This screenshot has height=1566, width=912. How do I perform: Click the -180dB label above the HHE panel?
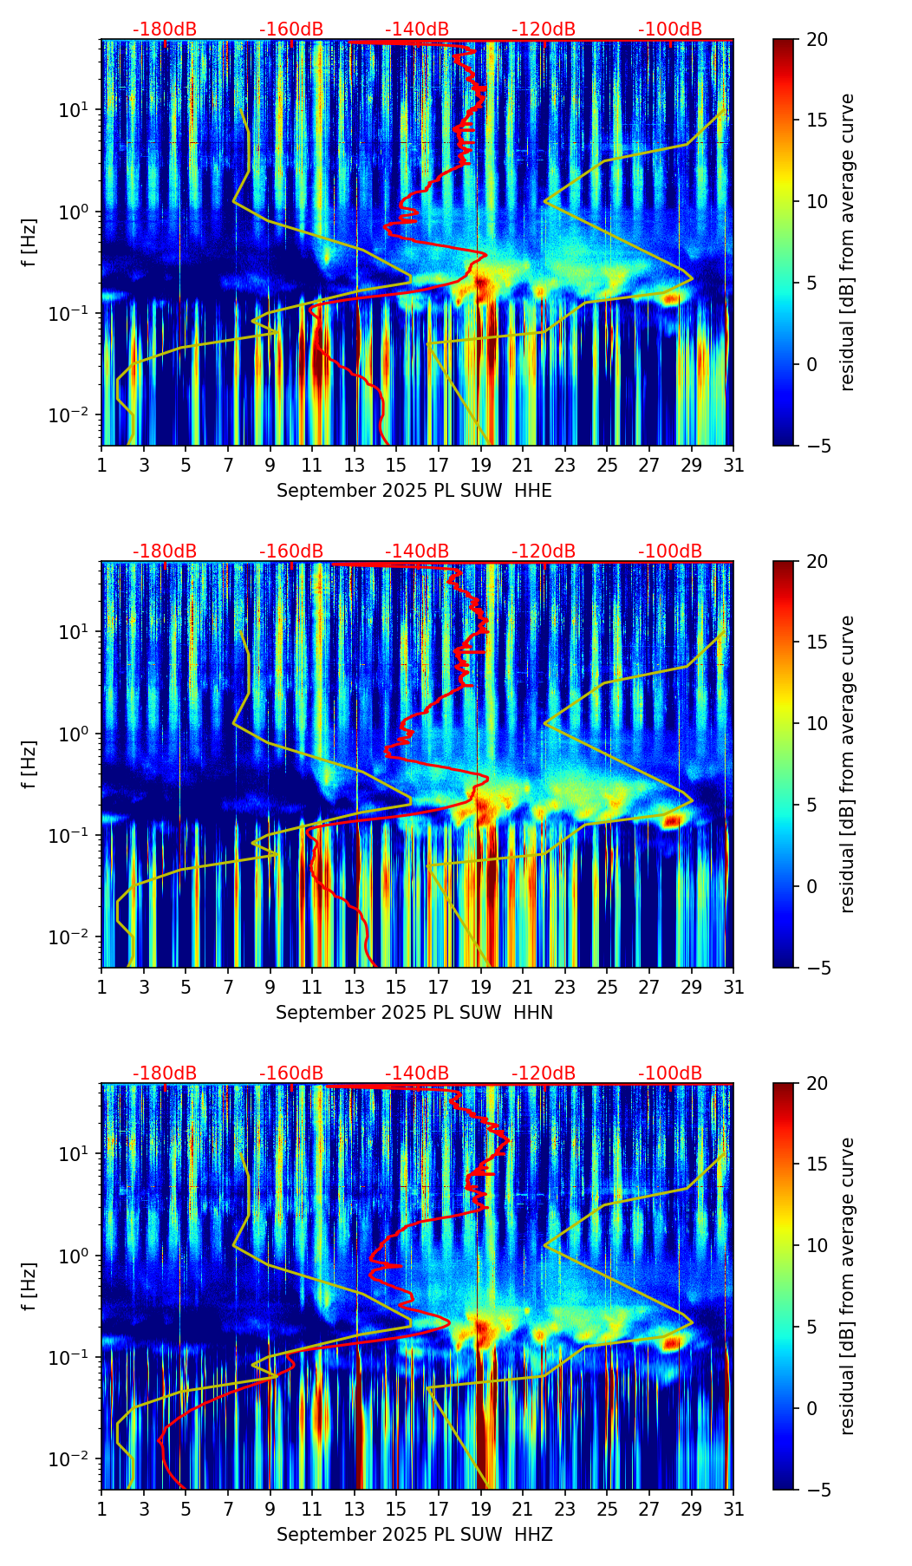point(165,29)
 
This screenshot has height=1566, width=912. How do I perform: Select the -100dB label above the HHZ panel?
point(670,1073)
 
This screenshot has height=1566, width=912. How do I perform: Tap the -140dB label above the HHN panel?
point(417,551)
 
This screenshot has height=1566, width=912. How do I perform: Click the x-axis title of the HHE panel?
point(414,491)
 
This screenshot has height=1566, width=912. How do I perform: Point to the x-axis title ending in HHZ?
point(414,1535)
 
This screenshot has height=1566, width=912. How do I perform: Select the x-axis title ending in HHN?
point(414,1013)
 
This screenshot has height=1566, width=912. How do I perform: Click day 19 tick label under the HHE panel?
point(480,466)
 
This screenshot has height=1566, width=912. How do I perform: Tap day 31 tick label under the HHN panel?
point(733,988)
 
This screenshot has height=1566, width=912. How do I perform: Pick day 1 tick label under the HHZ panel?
point(101,1510)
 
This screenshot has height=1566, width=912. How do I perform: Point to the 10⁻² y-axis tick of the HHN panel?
point(68,937)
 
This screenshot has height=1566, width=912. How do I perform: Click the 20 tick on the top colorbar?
point(816,40)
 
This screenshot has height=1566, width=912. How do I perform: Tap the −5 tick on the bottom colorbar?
point(819,1490)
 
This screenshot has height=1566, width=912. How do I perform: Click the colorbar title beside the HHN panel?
point(848,764)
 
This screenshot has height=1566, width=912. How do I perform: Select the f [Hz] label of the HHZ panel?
point(29,1286)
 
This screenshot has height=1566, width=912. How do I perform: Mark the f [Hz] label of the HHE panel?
point(29,242)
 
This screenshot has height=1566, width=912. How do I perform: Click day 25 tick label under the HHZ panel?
point(607,1510)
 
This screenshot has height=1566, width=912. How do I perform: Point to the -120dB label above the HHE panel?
point(544,29)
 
